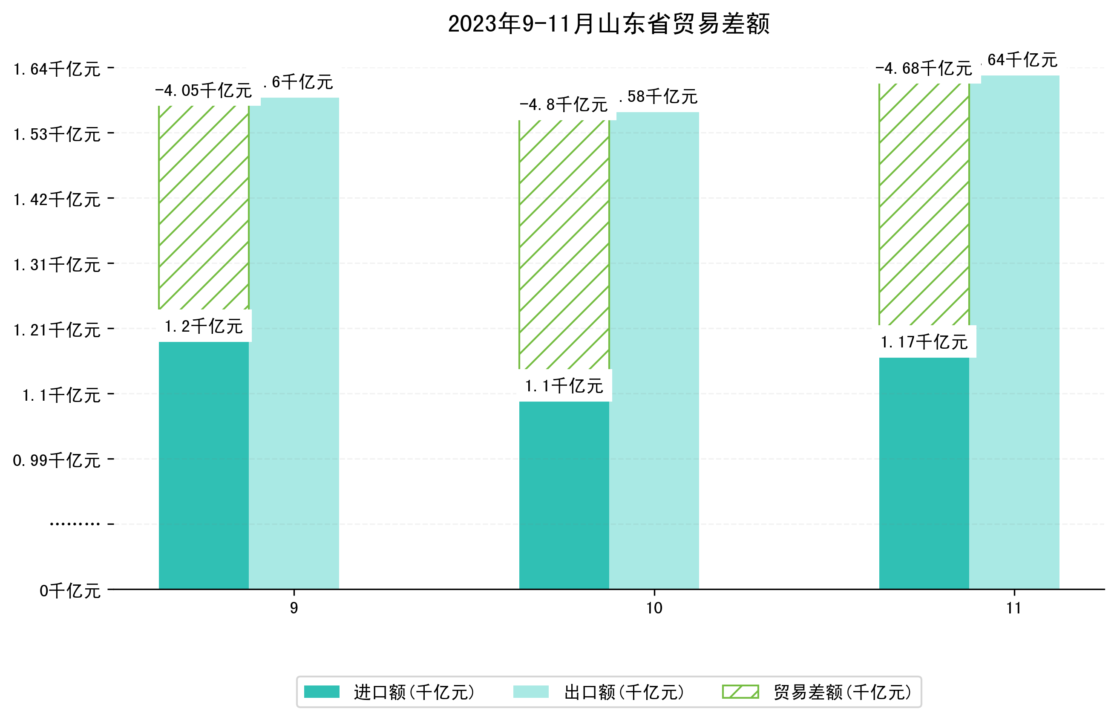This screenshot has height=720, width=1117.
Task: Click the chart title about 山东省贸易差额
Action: point(608,24)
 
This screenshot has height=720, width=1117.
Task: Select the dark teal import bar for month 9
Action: point(204,465)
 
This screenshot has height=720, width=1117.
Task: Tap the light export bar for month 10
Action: point(654,351)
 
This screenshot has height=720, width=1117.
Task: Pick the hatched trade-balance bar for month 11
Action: point(924,204)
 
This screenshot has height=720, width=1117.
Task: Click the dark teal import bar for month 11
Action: point(924,473)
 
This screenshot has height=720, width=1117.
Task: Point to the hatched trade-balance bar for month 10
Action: point(564,245)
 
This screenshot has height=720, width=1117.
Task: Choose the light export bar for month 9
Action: point(294,344)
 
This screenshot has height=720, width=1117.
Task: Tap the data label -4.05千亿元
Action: point(204,90)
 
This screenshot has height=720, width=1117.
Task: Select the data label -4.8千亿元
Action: point(564,105)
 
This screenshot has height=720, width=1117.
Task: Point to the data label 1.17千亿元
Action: point(924,342)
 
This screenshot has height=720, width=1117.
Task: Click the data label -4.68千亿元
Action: point(924,69)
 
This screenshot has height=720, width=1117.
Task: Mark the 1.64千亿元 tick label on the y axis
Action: point(57,69)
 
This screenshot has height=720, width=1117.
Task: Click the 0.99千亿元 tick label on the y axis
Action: point(57,460)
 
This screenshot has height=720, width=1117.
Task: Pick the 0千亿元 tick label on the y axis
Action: point(70,591)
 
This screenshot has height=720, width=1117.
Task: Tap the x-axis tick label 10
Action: point(654,608)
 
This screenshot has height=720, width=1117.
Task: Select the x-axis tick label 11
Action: point(1014,608)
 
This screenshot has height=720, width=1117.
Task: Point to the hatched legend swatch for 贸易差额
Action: point(740,691)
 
